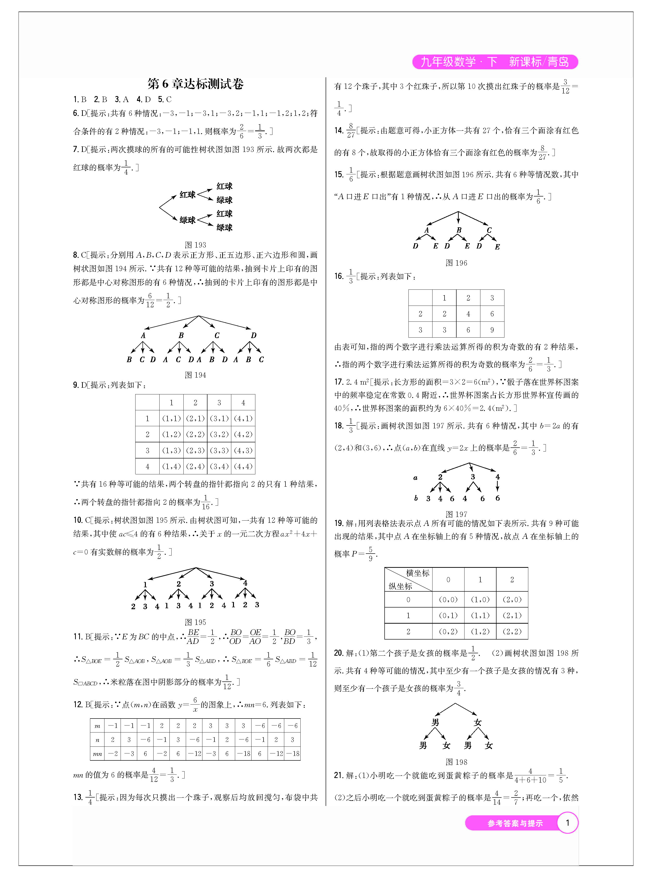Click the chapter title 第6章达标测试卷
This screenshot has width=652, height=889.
[195, 84]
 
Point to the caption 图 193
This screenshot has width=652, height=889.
[195, 245]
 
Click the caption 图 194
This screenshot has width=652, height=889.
[195, 375]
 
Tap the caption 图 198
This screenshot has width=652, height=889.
[456, 762]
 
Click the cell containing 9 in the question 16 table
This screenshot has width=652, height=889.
[492, 330]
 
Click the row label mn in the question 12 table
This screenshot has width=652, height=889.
[97, 754]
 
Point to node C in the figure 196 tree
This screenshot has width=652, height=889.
[489, 230]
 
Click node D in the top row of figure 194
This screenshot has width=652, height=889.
[253, 335]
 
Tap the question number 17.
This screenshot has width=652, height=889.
[338, 382]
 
